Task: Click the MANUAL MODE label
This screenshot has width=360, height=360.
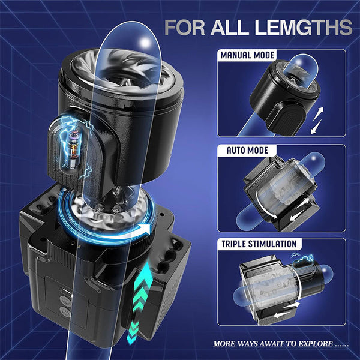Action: pos(248,55)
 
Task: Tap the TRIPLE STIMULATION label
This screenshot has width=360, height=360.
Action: pos(259,245)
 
